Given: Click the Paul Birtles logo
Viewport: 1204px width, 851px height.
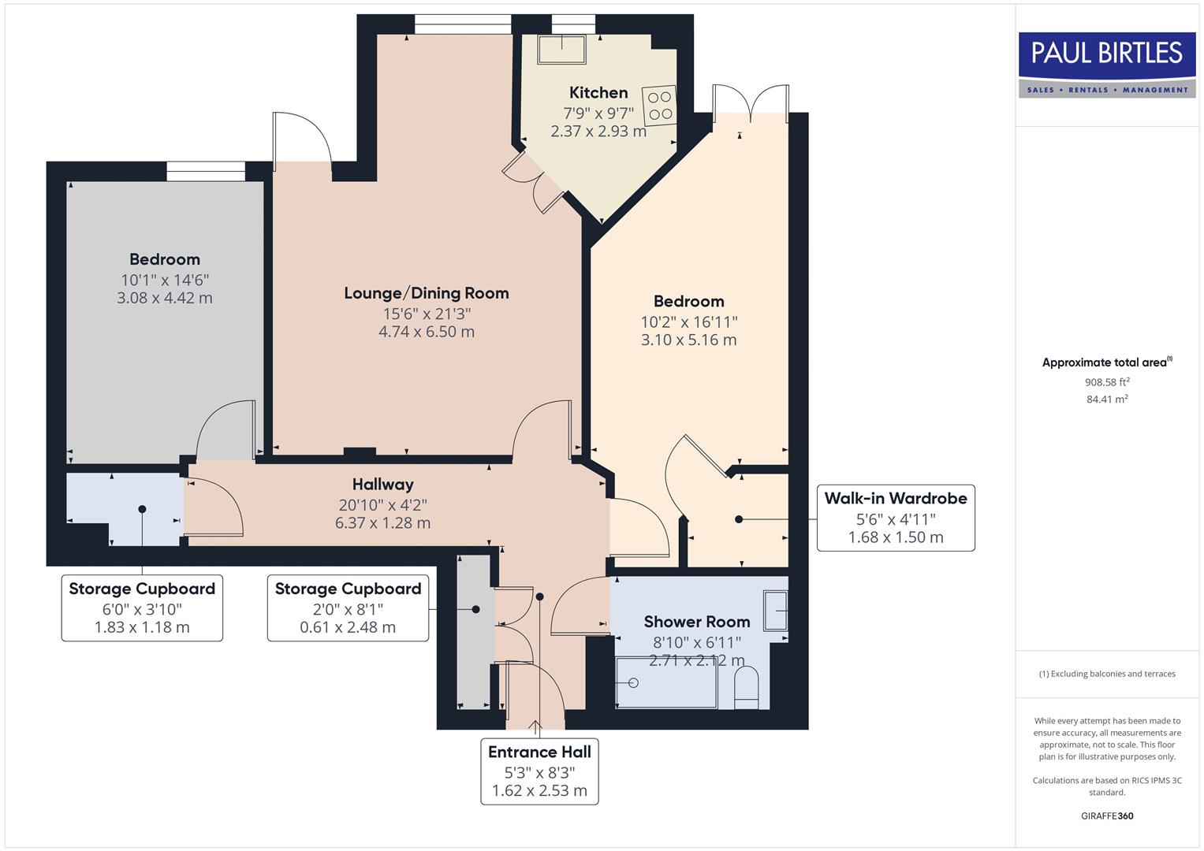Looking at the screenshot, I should (x=1107, y=65).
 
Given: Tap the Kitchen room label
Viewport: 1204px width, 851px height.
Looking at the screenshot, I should (x=598, y=93).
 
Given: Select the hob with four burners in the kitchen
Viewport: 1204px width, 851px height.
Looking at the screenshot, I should (x=660, y=105).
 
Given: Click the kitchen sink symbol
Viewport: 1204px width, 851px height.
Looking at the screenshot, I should (x=562, y=50).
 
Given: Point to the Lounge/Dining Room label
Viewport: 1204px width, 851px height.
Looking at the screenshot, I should (x=426, y=293).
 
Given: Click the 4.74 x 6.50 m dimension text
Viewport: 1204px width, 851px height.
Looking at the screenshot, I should (x=426, y=332).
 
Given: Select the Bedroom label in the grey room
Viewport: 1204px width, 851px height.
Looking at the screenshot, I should (x=165, y=259).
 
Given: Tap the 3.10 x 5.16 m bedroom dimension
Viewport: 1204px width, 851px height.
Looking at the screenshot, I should (x=688, y=340).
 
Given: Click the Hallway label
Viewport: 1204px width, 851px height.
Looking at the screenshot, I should (x=382, y=485).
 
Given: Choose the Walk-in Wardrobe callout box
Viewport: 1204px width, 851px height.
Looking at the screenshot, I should (x=895, y=518).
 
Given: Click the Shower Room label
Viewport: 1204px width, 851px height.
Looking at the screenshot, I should (x=696, y=622).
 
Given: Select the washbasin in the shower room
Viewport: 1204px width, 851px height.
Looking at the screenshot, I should (x=776, y=610).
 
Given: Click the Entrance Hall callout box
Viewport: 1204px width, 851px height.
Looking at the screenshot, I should (x=539, y=771).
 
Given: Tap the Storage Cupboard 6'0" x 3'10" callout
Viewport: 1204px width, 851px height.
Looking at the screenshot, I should (x=142, y=608).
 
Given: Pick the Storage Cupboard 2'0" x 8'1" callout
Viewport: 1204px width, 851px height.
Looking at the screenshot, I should (x=348, y=608).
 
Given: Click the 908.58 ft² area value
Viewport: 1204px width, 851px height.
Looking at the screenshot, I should (x=1107, y=382).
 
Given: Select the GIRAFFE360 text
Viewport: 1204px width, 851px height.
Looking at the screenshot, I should (x=1107, y=816).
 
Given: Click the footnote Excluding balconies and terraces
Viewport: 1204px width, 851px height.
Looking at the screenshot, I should (x=1107, y=674).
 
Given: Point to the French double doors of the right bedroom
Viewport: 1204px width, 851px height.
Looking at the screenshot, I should (x=751, y=102).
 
